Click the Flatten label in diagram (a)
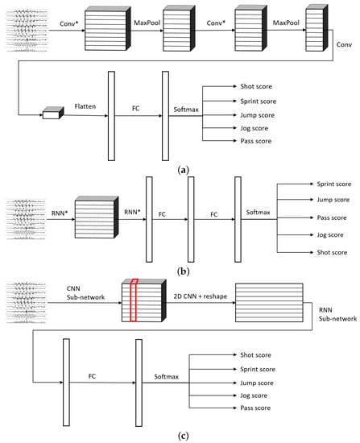click(x=85, y=106)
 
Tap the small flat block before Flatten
click(x=53, y=113)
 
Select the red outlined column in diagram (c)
click(x=134, y=300)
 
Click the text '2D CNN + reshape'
click(x=201, y=296)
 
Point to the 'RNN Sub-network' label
click(x=337, y=314)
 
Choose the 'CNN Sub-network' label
click(x=85, y=293)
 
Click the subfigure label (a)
click(x=183, y=170)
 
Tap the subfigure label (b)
click(x=183, y=271)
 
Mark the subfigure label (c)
click(x=183, y=436)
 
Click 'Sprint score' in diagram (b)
click(x=334, y=184)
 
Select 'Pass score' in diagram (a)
click(x=256, y=141)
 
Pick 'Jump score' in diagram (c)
click(x=257, y=383)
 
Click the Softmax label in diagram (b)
click(x=258, y=212)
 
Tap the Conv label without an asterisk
click(x=344, y=44)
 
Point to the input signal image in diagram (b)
click(x=26, y=220)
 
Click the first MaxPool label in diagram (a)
click(x=147, y=23)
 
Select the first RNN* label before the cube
click(x=60, y=213)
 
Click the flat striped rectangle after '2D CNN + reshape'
click(x=269, y=303)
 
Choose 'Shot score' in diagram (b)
click(x=332, y=253)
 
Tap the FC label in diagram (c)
click(x=92, y=376)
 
